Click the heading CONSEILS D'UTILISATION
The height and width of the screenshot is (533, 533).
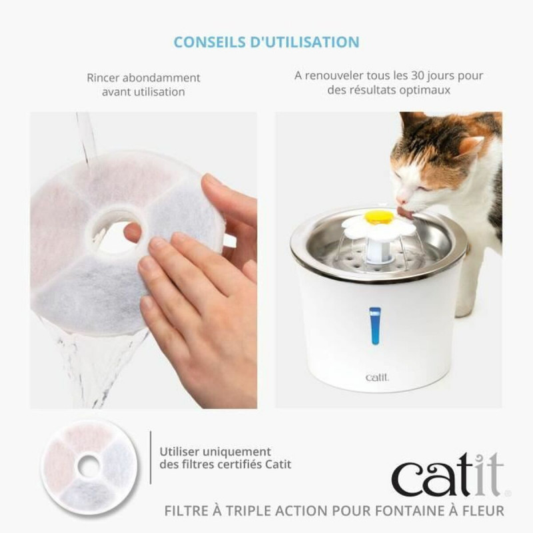coord(266,41)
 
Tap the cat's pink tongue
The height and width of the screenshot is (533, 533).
coord(404,213)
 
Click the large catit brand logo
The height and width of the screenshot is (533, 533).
coord(447,474)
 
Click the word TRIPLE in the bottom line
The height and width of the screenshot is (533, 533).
coord(258,511)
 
